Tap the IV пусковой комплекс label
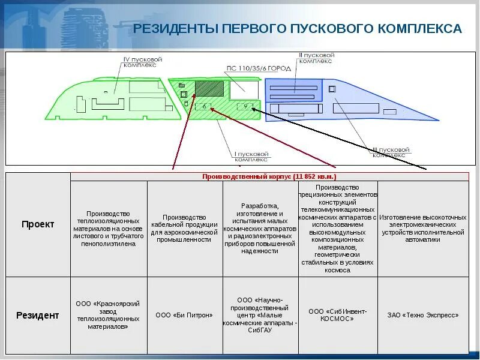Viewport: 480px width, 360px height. click(143, 63)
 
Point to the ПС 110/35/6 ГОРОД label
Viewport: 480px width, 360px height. click(259, 68)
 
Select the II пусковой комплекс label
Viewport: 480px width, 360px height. click(316, 58)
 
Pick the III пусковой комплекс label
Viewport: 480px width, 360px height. click(391, 152)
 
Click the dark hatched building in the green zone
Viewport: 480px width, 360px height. click(209, 89)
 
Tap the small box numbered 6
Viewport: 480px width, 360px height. click(205, 106)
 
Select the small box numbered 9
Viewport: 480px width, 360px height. click(245, 106)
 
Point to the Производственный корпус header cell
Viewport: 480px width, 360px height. click(269, 177)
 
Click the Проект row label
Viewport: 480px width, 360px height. click(38, 224)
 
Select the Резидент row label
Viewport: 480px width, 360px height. click(38, 315)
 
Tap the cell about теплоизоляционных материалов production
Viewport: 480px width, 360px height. click(109, 229)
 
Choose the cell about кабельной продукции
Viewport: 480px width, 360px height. click(184, 229)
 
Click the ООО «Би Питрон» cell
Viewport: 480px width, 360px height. click(184, 315)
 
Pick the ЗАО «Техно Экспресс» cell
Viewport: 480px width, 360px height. click(423, 315)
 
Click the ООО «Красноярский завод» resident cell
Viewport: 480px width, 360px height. click(109, 315)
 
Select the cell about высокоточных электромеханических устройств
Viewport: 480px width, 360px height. click(423, 229)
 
